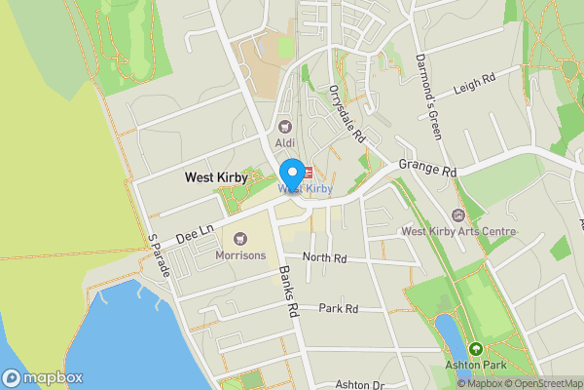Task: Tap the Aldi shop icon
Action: (x=285, y=125)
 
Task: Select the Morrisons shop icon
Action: (x=240, y=238)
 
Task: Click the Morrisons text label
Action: (x=240, y=254)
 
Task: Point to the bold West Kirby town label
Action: (x=216, y=178)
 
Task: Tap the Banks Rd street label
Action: (x=288, y=292)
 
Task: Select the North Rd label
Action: (x=324, y=258)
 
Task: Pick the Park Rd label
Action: (x=339, y=308)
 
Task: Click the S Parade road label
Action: (x=158, y=256)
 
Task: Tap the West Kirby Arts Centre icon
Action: (x=458, y=214)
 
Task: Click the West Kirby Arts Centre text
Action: (x=458, y=232)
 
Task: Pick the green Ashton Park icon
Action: (x=476, y=349)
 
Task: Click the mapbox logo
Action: (x=43, y=377)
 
